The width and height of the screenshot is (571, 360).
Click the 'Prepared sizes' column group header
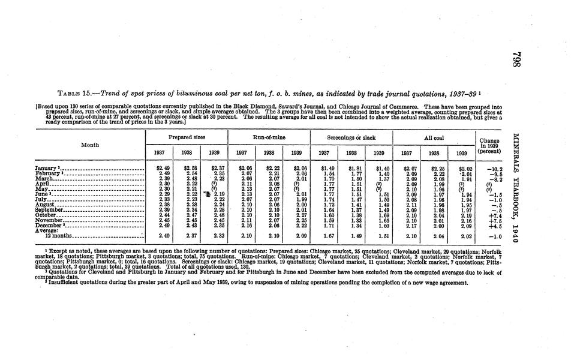(x=186, y=138)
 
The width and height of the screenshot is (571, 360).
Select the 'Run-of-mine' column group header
(x=269, y=138)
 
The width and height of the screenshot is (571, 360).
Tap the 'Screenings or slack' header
(x=351, y=138)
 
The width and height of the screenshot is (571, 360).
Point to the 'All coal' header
(x=433, y=138)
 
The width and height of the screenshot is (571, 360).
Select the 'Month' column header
(x=91, y=145)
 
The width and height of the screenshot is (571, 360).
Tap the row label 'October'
(x=49, y=215)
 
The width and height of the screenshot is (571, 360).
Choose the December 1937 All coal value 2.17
(x=411, y=226)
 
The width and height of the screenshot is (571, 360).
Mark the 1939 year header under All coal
(x=461, y=153)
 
